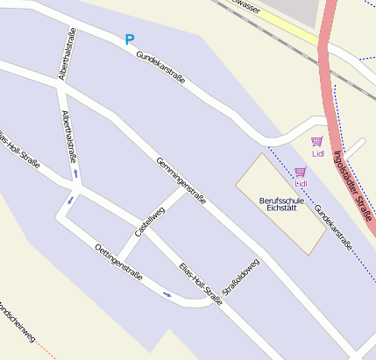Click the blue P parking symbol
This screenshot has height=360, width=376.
pyautogui.click(x=130, y=39)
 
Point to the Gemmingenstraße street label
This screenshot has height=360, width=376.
pyautogui.click(x=181, y=180)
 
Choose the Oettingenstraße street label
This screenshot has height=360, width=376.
pyautogui.click(x=117, y=261)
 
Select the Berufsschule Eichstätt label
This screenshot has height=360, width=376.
pyautogui.click(x=281, y=205)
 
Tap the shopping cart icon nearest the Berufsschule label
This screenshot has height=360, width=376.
pyautogui.click(x=301, y=172)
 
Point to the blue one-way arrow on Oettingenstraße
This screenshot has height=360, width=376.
pyautogui.click(x=167, y=294)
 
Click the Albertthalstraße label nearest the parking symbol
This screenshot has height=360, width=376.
pyautogui.click(x=67, y=54)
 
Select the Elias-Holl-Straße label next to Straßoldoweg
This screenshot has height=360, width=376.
pyautogui.click(x=201, y=284)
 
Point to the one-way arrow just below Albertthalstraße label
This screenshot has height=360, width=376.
pyautogui.click(x=76, y=173)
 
